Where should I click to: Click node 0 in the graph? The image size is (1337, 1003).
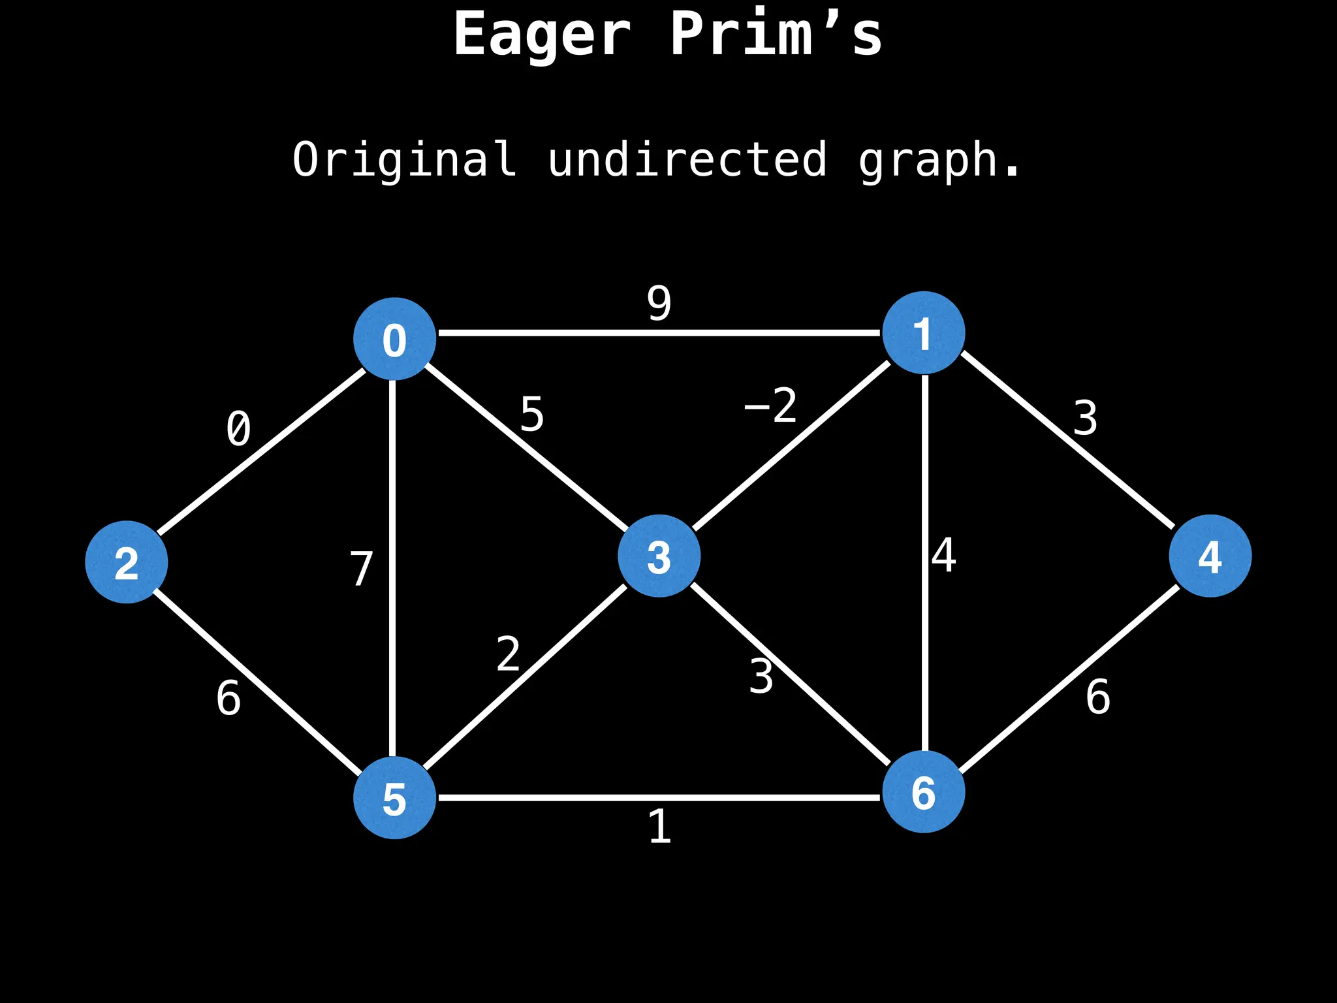click(394, 339)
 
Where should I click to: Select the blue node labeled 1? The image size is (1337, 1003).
click(923, 332)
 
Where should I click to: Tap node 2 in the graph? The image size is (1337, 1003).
click(126, 562)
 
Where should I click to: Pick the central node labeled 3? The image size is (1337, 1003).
click(659, 556)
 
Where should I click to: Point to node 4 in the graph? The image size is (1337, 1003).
click(1210, 556)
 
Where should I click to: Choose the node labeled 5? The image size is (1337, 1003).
click(394, 798)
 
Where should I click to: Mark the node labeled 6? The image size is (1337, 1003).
click(923, 792)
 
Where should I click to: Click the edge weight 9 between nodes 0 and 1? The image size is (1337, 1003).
click(659, 303)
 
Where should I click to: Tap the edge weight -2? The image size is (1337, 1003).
click(771, 406)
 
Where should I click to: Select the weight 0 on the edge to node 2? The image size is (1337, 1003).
click(238, 429)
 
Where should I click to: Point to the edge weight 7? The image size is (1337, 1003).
click(361, 569)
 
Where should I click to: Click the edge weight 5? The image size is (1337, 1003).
click(531, 415)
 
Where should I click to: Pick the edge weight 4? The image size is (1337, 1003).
click(944, 556)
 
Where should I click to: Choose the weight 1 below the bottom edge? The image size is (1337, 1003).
click(659, 827)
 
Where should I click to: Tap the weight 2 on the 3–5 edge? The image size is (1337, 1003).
click(508, 654)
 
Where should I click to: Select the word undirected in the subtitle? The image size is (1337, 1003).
click(687, 159)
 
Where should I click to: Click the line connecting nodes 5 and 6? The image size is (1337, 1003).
click(659, 797)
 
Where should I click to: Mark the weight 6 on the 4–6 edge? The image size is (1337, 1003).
click(1097, 697)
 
